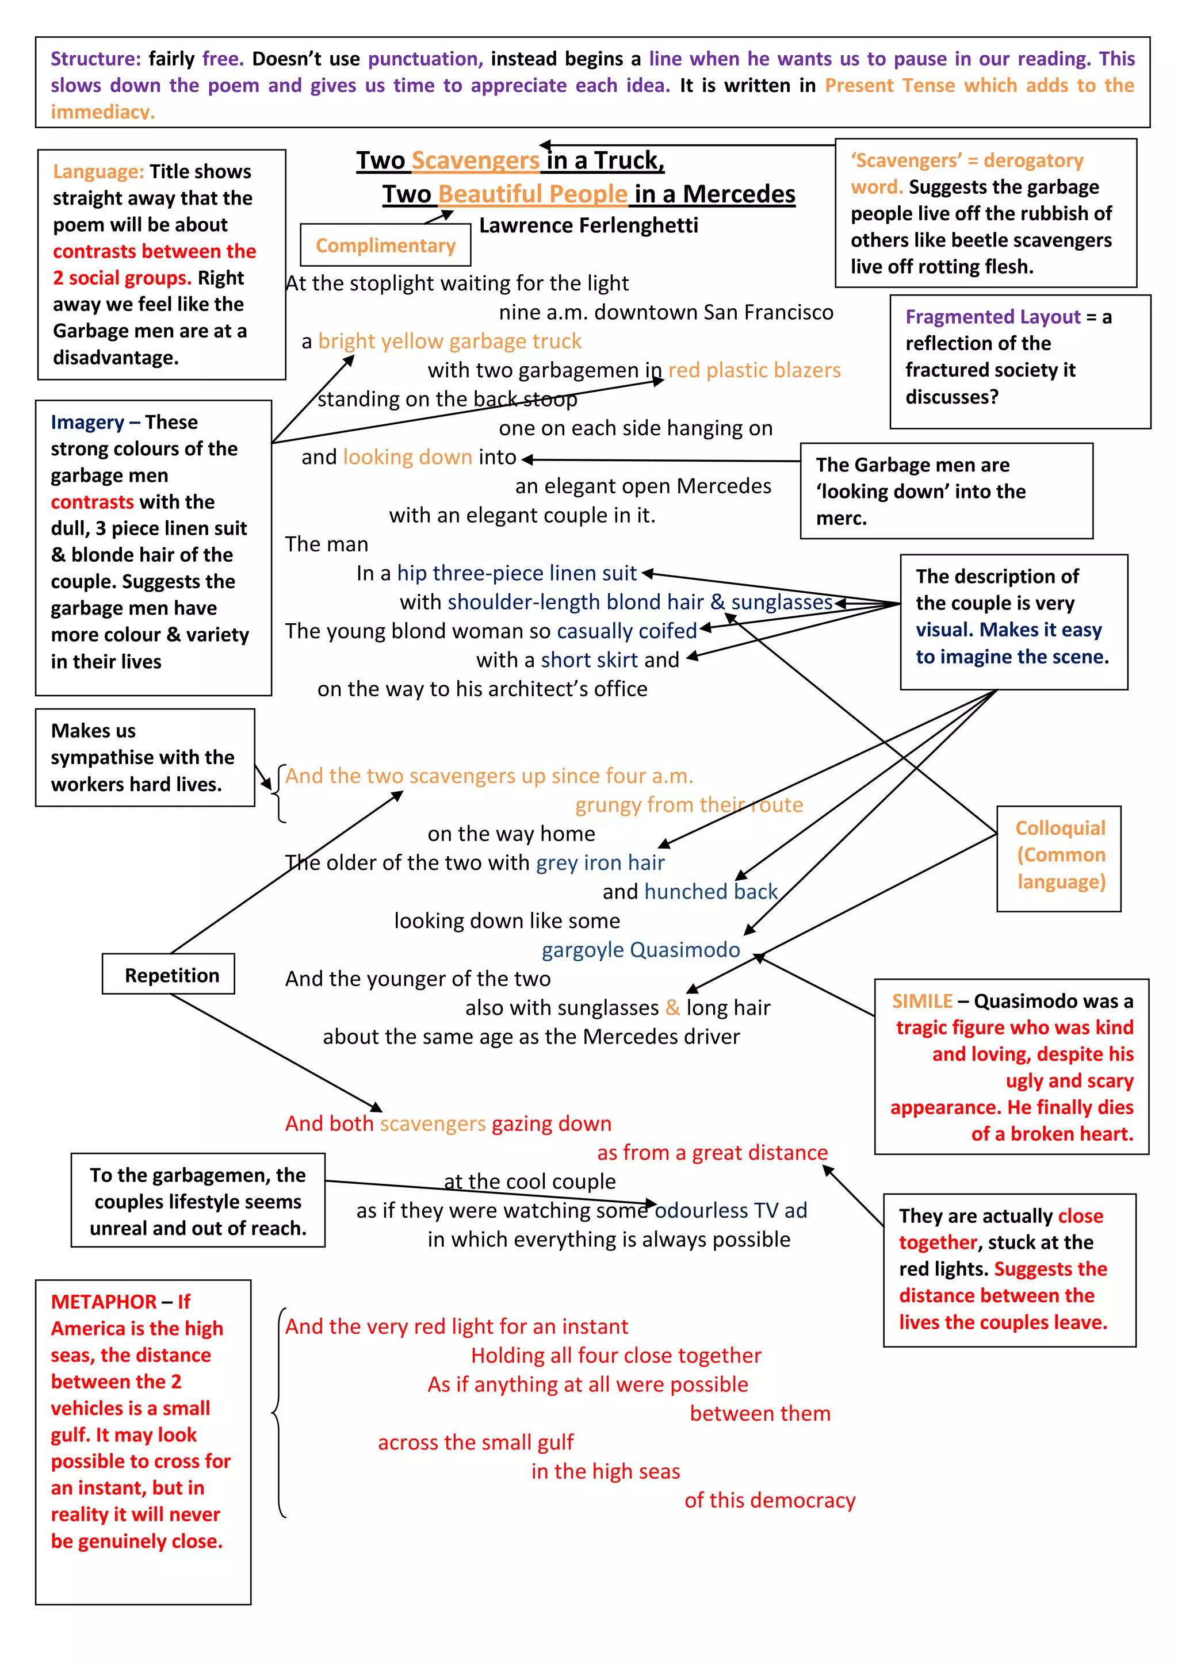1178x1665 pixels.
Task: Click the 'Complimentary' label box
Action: click(385, 246)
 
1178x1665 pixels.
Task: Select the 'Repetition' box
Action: click(171, 975)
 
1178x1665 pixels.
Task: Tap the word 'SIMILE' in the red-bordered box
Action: click(921, 1002)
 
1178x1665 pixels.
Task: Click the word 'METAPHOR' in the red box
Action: click(104, 1302)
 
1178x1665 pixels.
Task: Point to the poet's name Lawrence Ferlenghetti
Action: click(588, 225)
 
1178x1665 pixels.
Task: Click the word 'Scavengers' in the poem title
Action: click(475, 160)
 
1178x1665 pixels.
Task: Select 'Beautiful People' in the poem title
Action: click(533, 194)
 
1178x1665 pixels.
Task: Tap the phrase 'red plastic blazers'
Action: click(755, 371)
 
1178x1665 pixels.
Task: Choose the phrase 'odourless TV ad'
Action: click(730, 1210)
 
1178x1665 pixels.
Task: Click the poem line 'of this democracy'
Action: click(770, 1501)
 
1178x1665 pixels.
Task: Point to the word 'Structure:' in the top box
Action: click(95, 59)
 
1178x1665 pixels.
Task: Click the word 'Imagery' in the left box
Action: click(87, 423)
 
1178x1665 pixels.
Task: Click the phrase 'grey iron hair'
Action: click(600, 863)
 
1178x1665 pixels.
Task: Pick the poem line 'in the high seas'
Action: click(606, 1471)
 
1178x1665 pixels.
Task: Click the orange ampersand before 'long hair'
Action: click(672, 1008)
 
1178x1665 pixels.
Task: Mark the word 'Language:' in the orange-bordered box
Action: click(99, 172)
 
